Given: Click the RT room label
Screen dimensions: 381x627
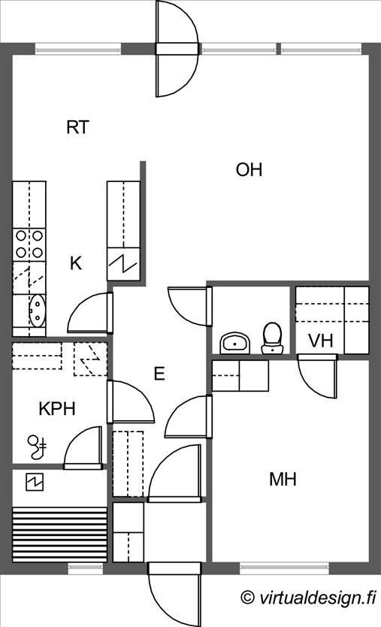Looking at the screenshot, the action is pyautogui.click(x=77, y=127).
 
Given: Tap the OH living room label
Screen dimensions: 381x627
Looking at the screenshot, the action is pyautogui.click(x=249, y=170).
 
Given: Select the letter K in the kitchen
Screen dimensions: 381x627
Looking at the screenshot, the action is pyautogui.click(x=76, y=264).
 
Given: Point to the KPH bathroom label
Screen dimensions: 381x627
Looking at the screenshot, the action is pyautogui.click(x=57, y=409).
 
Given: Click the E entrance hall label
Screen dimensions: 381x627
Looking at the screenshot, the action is pyautogui.click(x=159, y=374).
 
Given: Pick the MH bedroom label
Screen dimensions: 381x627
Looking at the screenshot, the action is pyautogui.click(x=283, y=479).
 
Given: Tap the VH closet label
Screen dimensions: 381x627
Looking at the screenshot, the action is pyautogui.click(x=321, y=341).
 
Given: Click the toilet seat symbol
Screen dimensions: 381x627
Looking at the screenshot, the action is pyautogui.click(x=272, y=338).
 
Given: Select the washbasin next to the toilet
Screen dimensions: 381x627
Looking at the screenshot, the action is pyautogui.click(x=235, y=343).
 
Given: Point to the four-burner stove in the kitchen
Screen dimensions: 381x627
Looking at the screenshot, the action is pyautogui.click(x=29, y=244).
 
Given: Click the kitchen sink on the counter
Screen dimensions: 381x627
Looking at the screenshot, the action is pyautogui.click(x=37, y=311).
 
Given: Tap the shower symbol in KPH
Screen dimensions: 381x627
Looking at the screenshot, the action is pyautogui.click(x=37, y=447).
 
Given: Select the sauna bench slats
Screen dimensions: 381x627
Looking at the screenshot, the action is pyautogui.click(x=60, y=535).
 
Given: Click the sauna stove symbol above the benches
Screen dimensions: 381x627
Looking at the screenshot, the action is pyautogui.click(x=35, y=482).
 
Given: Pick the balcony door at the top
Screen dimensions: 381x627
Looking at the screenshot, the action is pyautogui.click(x=177, y=49).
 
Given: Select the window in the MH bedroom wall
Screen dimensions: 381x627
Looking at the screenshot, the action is pyautogui.click(x=284, y=568).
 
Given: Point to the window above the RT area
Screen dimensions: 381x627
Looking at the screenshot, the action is pyautogui.click(x=78, y=49).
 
